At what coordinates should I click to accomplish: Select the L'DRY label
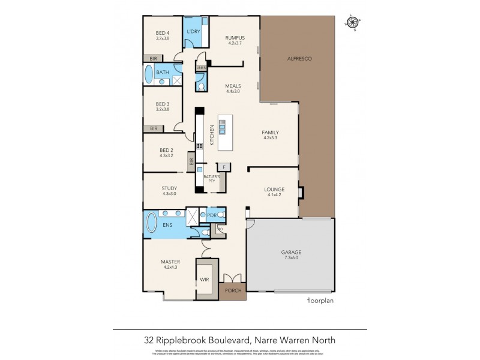click(x=193, y=31)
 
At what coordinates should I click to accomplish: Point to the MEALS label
click(x=233, y=85)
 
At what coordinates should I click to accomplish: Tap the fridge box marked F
click(x=224, y=167)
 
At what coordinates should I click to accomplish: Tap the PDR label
click(x=211, y=215)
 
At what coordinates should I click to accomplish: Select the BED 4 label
click(x=163, y=32)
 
